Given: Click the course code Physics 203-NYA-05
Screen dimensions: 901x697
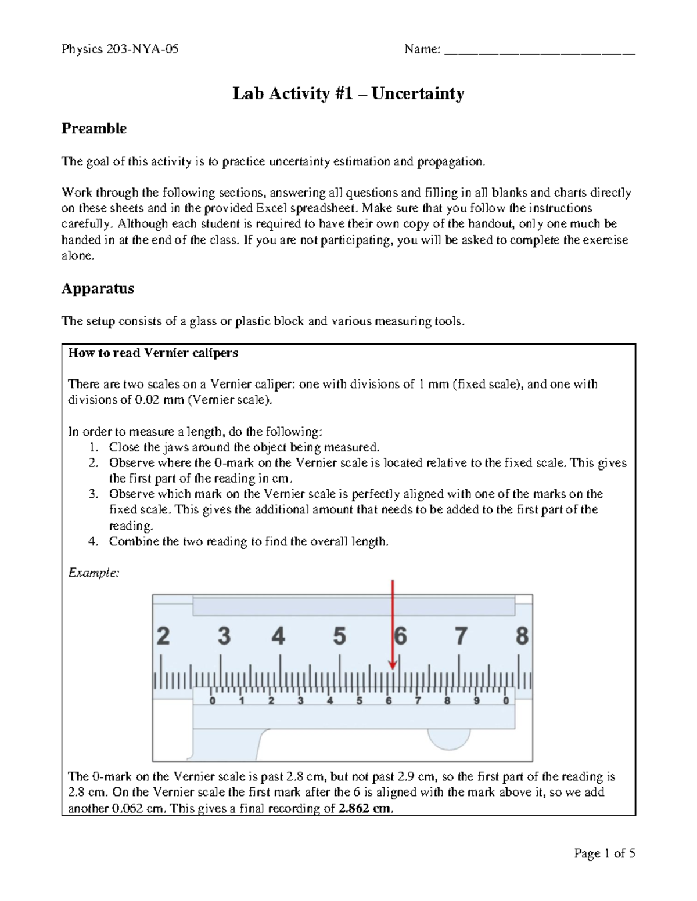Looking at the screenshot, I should [x=120, y=49].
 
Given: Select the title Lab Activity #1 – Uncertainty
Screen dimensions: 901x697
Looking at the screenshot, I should [x=348, y=93].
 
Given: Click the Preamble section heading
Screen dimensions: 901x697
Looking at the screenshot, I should [x=94, y=129].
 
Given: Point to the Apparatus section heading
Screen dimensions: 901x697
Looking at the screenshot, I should [x=98, y=288].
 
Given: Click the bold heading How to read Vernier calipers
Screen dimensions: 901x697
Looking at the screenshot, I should [x=153, y=353].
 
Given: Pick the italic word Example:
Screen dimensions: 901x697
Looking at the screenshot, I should [x=94, y=573].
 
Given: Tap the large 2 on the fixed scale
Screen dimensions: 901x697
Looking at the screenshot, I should [x=163, y=636].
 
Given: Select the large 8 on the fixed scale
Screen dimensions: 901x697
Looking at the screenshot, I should [x=522, y=636].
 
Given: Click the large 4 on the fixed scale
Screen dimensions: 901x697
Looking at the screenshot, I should [x=279, y=636].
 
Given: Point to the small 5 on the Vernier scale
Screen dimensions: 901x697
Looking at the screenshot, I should [x=360, y=701].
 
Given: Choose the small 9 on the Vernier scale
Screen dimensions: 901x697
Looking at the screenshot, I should [x=477, y=701].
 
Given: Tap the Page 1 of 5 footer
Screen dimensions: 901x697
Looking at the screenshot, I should [x=604, y=853].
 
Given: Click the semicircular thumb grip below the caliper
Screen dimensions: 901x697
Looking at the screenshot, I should [x=449, y=739].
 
